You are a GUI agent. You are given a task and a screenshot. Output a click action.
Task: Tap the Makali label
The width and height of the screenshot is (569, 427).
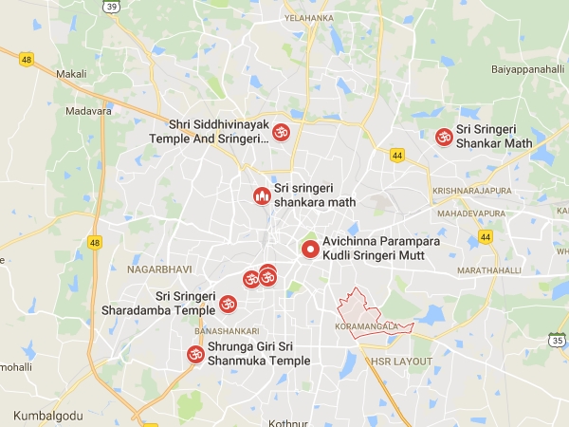tap(71, 74)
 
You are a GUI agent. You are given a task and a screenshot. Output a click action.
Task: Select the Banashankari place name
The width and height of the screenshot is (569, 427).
tap(219, 331)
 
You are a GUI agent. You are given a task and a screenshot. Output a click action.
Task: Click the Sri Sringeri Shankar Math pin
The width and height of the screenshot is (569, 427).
tap(442, 138)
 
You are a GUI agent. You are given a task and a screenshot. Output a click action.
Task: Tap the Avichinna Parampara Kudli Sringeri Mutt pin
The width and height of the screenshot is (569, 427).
tap(309, 251)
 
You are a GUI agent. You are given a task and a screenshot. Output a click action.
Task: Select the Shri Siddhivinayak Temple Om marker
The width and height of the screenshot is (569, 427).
tap(280, 134)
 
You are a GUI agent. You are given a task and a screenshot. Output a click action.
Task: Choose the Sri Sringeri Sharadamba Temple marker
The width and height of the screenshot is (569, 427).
tap(228, 304)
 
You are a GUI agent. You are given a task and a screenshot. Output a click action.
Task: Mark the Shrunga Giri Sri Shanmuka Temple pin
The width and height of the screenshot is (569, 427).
tap(194, 356)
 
